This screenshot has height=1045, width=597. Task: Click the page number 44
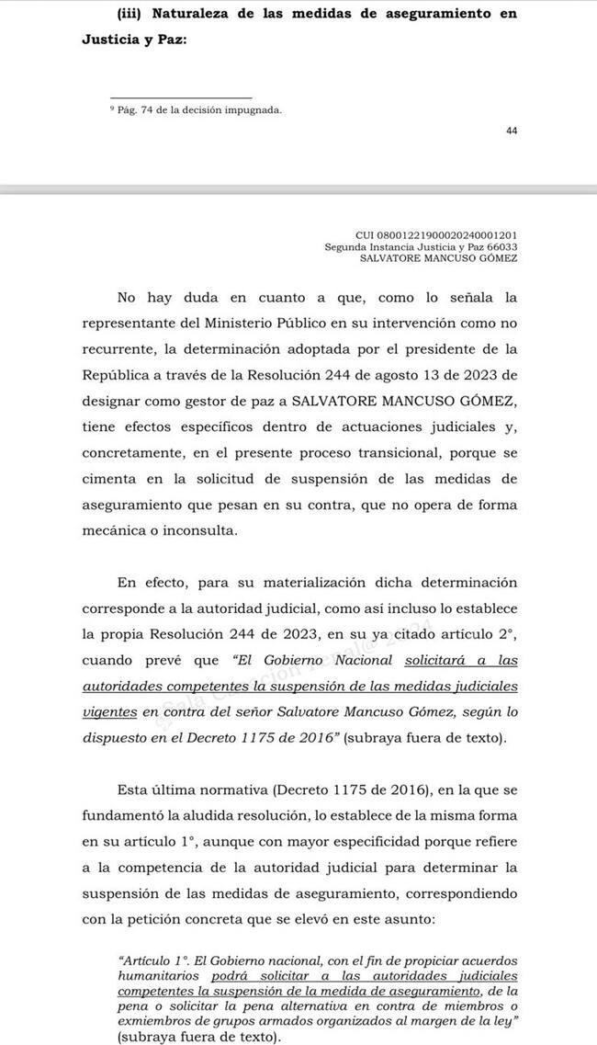(x=512, y=131)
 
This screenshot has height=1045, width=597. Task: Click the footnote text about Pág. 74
(x=195, y=110)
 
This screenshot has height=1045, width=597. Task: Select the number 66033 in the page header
(x=501, y=246)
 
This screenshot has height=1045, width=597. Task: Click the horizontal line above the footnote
(x=180, y=97)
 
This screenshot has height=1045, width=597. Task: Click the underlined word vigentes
(x=110, y=710)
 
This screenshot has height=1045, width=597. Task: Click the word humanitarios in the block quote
(x=161, y=975)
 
